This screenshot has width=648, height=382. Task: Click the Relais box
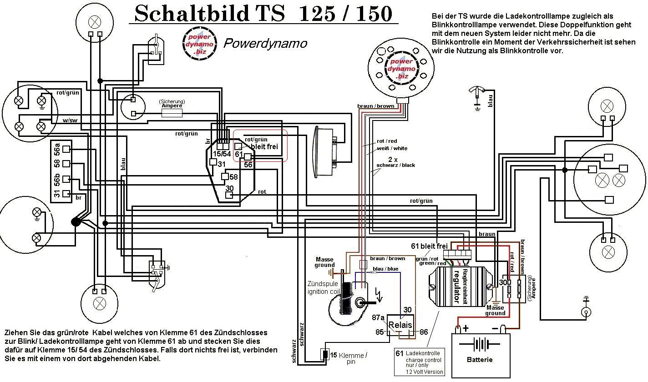tap(400, 326)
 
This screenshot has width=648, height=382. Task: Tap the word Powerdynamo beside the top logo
tap(265, 43)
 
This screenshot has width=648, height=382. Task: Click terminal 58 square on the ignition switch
tap(225, 176)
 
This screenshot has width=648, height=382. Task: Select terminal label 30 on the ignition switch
tap(229, 188)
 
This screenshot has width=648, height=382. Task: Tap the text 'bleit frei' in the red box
tap(263, 147)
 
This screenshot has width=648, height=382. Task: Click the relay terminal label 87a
tap(379, 317)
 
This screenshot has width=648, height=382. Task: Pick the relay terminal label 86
tap(424, 332)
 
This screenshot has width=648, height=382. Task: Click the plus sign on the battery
tap(465, 328)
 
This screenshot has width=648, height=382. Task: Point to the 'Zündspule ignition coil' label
tap(323, 288)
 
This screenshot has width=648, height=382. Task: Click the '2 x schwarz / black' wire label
tap(395, 162)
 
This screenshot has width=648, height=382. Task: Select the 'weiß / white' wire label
tap(392, 148)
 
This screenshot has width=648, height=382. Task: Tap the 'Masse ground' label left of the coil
tap(324, 262)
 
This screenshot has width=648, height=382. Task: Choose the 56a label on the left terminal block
tap(57, 149)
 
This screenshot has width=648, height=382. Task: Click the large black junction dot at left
tap(76, 221)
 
